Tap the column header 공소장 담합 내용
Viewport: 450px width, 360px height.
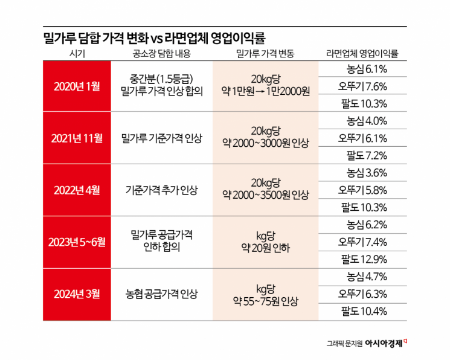[161, 54]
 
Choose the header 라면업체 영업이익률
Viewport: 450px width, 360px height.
[362, 54]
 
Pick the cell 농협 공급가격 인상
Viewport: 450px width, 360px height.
[161, 295]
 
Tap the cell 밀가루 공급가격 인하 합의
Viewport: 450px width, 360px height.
[161, 242]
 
